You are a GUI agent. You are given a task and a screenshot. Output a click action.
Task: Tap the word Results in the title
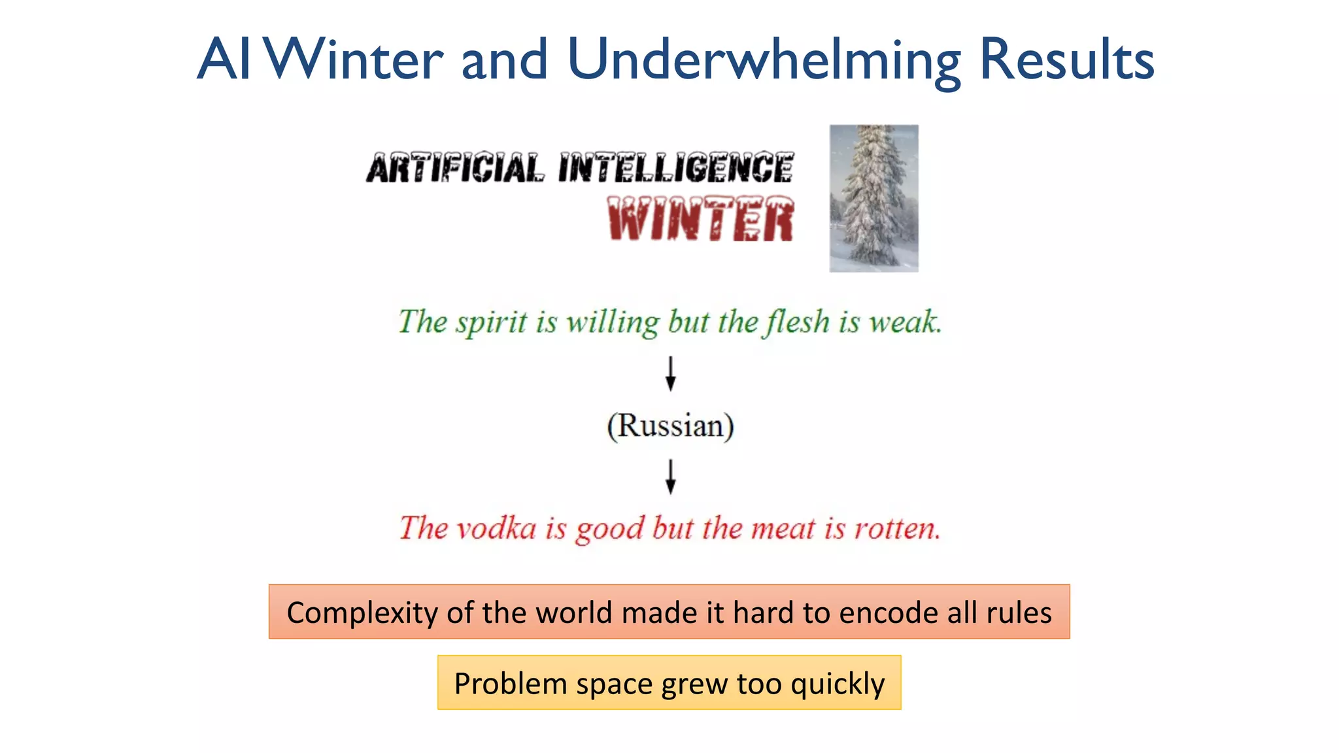(1066, 60)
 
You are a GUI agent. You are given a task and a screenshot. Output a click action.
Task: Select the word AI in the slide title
(224, 60)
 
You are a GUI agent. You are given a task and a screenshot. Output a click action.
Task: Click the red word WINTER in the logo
(701, 219)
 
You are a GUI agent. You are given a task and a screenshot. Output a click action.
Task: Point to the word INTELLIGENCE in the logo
(676, 168)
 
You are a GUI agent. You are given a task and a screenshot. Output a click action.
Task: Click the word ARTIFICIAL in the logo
(454, 168)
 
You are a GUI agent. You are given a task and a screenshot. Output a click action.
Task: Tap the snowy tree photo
(873, 198)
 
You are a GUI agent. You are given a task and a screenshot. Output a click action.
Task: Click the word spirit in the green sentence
(491, 322)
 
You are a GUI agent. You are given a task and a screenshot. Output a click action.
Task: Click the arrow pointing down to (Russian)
(670, 373)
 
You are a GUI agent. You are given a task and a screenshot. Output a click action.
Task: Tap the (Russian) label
(670, 426)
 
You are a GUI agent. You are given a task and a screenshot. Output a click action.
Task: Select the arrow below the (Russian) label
(670, 477)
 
